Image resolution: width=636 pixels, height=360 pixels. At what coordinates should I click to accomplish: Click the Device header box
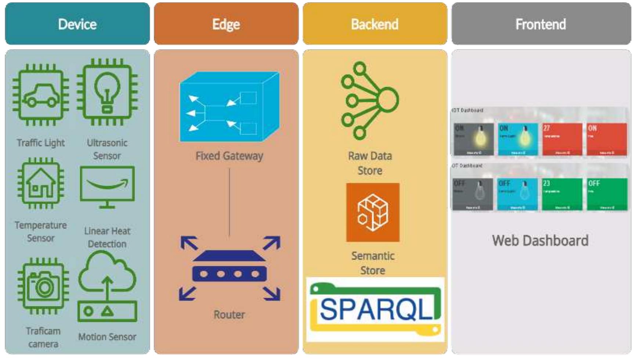(x=77, y=24)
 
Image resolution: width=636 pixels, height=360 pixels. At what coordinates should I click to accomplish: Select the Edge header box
(x=226, y=24)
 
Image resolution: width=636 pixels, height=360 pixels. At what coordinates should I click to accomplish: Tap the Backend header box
(x=375, y=24)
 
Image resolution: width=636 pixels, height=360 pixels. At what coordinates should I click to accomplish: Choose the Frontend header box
(x=541, y=24)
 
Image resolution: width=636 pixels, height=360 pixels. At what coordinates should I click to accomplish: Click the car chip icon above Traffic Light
(x=41, y=95)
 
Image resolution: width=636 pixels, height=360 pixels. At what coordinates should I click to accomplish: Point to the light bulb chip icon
(x=107, y=92)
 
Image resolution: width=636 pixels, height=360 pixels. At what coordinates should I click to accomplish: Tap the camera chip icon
(x=43, y=286)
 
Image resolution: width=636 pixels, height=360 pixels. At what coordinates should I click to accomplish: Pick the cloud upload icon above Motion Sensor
(x=107, y=286)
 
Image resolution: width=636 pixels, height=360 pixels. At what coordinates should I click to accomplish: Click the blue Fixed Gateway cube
(x=229, y=107)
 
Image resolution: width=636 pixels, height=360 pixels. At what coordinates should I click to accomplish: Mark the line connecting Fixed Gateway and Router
(x=229, y=202)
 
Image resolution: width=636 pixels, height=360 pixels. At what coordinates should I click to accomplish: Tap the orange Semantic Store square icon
(x=373, y=212)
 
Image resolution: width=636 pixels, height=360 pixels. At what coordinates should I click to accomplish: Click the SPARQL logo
(x=375, y=309)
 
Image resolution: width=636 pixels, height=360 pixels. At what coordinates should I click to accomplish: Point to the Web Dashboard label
(x=540, y=241)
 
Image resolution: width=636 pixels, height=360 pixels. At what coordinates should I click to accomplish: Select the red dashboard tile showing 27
(x=562, y=139)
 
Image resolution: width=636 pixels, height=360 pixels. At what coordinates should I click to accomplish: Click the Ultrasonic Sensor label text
(x=107, y=149)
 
